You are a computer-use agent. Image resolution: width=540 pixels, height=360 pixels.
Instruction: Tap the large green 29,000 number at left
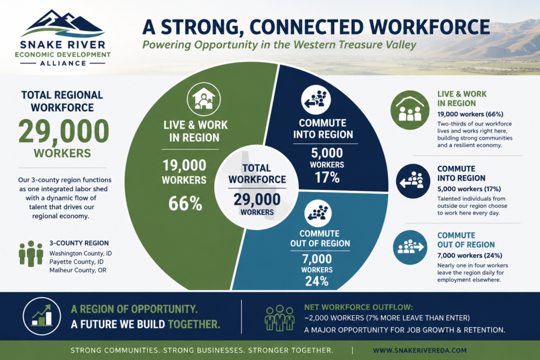click(x=64, y=131)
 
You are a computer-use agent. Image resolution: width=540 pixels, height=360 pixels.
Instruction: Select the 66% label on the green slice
click(x=185, y=203)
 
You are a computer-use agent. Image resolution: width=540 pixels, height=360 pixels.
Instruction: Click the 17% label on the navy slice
click(x=327, y=178)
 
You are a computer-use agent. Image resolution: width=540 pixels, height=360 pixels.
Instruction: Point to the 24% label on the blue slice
click(x=317, y=281)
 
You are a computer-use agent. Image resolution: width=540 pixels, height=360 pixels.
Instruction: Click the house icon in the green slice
click(x=204, y=99)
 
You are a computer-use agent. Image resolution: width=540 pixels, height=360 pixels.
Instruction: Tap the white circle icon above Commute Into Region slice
click(x=316, y=100)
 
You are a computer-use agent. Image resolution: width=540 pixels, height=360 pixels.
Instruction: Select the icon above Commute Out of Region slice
click(x=318, y=213)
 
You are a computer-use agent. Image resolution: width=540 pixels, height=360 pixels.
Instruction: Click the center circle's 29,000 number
click(x=257, y=200)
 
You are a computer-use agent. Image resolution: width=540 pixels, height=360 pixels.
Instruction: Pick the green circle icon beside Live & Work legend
click(x=410, y=110)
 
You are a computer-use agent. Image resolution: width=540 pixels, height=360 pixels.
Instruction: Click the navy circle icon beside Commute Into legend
click(x=413, y=181)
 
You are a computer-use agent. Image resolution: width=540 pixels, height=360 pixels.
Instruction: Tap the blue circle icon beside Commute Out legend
click(x=410, y=247)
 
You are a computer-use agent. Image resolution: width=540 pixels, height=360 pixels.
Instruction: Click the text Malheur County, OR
click(x=78, y=270)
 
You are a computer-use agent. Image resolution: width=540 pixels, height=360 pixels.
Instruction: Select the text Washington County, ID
click(x=81, y=254)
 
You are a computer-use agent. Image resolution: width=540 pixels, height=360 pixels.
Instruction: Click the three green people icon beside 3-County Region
click(x=31, y=254)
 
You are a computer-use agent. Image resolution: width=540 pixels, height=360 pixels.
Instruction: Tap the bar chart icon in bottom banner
click(x=42, y=316)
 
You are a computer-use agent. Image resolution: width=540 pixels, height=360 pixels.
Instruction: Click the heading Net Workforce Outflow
click(x=359, y=307)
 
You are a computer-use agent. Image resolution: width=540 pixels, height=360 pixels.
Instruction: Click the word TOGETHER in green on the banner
click(x=194, y=324)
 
